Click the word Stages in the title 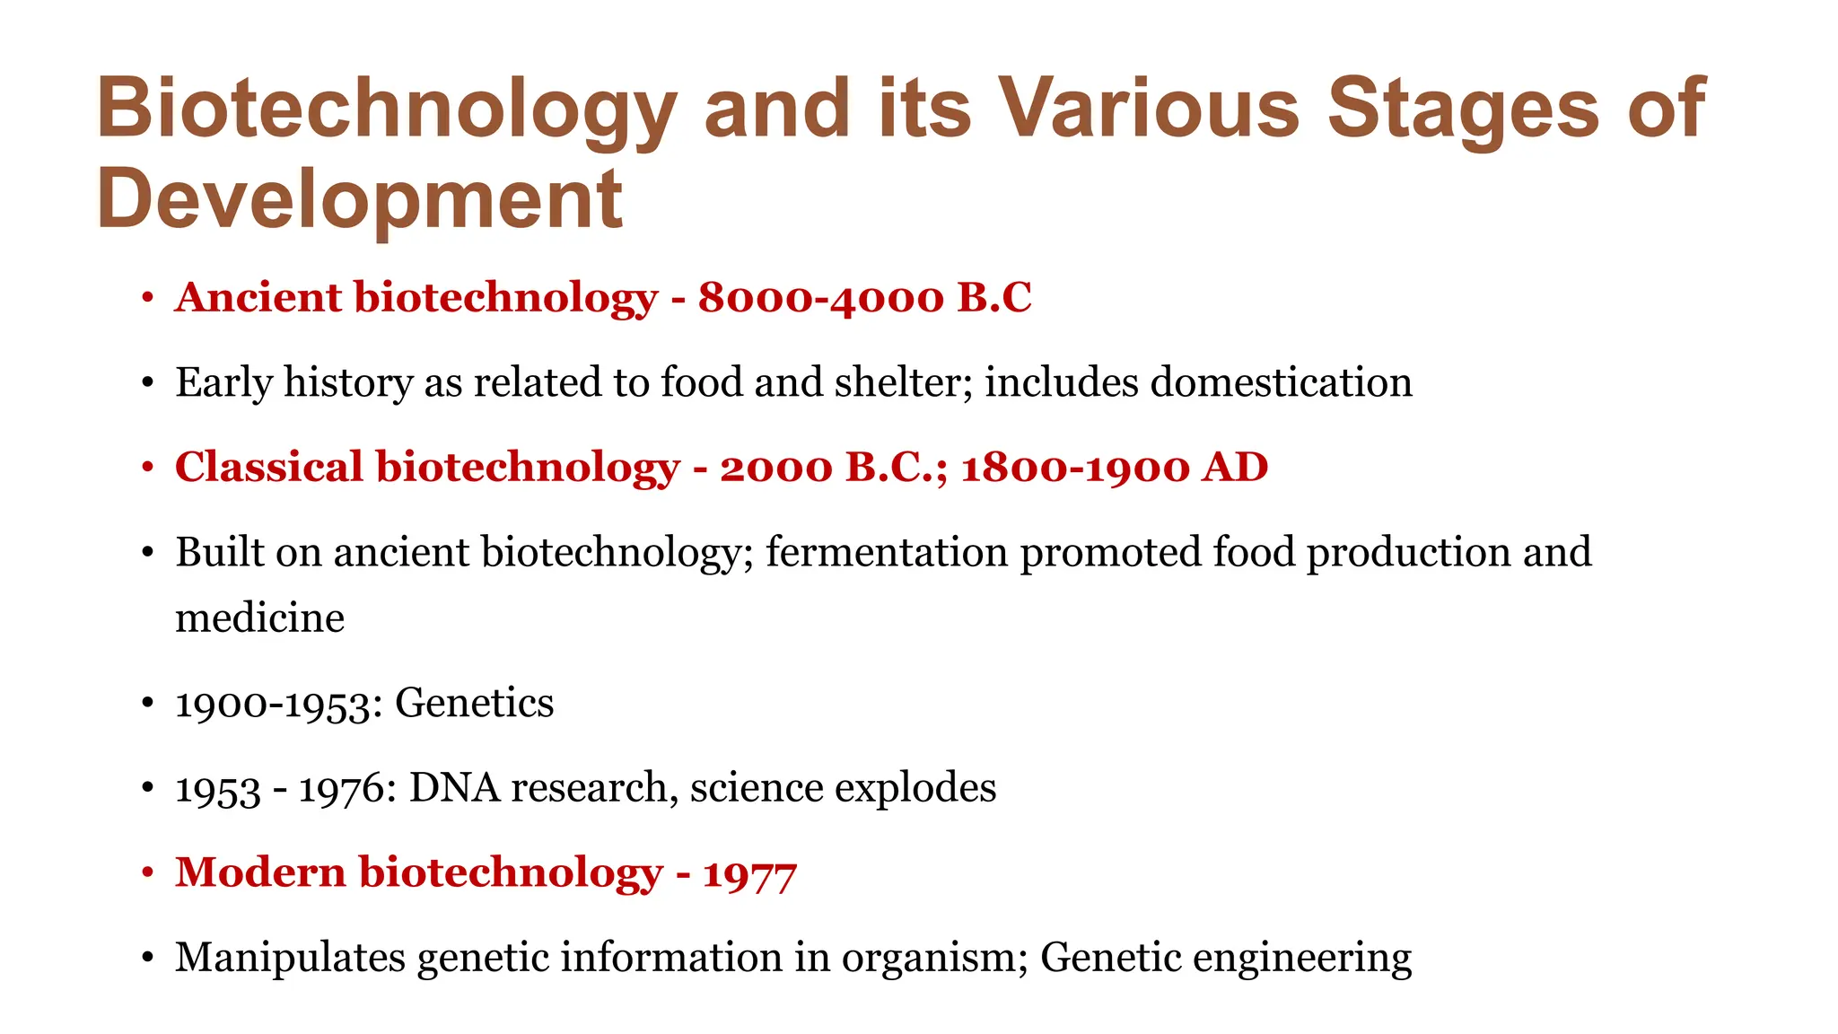1463,110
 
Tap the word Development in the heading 359,199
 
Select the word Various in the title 1150,110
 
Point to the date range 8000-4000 820,297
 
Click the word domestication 1281,382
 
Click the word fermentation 887,552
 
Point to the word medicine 259,618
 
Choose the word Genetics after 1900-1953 474,703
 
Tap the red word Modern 260,872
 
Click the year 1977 749,873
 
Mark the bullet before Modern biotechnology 148,873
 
